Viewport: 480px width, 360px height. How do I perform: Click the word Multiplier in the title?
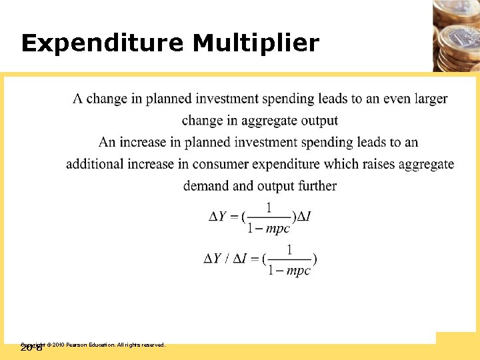coord(256,44)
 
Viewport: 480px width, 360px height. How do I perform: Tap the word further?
coord(315,186)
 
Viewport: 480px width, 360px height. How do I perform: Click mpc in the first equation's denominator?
coord(277,229)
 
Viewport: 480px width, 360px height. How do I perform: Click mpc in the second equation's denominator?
coord(298,271)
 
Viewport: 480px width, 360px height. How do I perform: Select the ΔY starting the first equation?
coord(218,217)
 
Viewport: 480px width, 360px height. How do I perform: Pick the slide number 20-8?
coord(31,348)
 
